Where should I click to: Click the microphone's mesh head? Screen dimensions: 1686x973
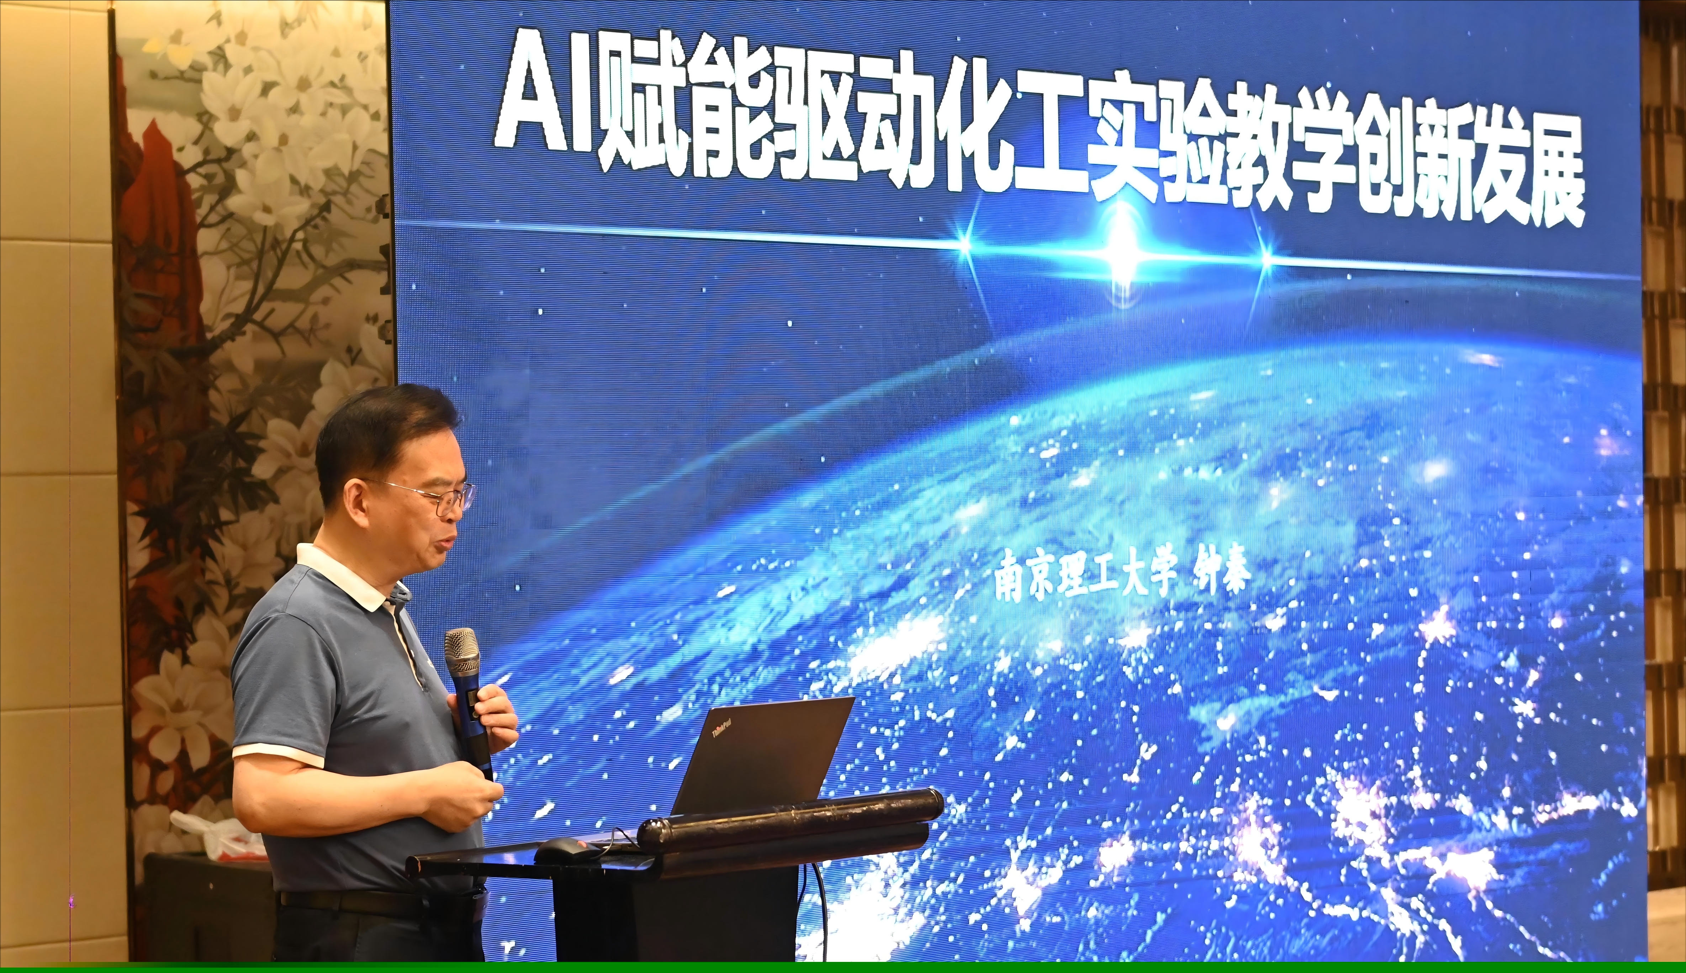click(x=462, y=651)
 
